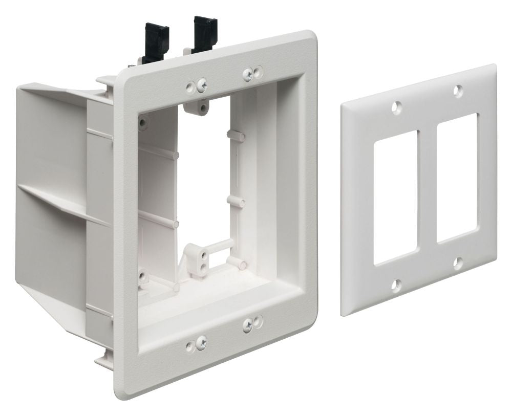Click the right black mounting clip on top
[203, 30]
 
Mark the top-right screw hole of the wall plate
[456, 90]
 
